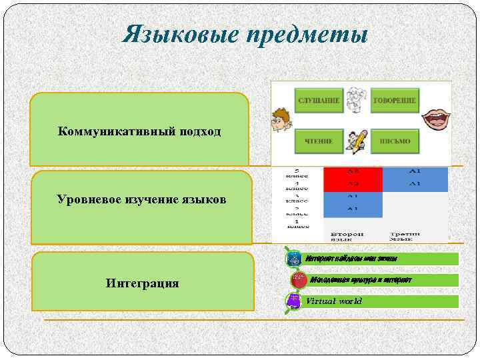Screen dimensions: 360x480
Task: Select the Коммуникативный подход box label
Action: point(139,131)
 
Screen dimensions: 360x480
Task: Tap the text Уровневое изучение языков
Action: point(141,199)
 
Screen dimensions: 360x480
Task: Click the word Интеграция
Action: point(142,283)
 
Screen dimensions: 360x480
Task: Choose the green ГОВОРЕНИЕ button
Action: point(394,101)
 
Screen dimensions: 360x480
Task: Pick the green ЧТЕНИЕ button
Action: point(319,141)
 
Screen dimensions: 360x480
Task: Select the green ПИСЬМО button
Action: point(395,141)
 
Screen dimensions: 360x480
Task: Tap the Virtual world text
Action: point(334,301)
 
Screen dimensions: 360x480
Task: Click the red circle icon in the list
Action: point(299,281)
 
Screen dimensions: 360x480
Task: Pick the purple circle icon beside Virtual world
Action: point(293,301)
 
